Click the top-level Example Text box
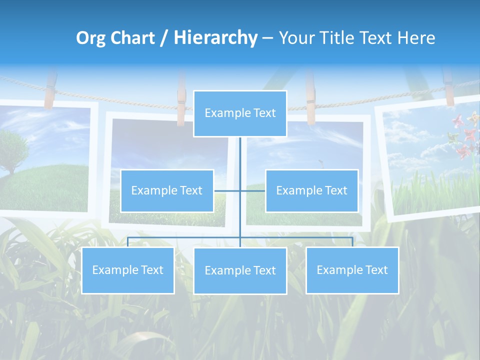240,113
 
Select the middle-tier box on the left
167,190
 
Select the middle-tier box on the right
311,190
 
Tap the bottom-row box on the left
127,270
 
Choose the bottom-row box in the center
240,270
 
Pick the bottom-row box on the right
352,270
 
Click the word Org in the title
90,38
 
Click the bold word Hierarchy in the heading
215,38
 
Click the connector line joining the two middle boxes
240,190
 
